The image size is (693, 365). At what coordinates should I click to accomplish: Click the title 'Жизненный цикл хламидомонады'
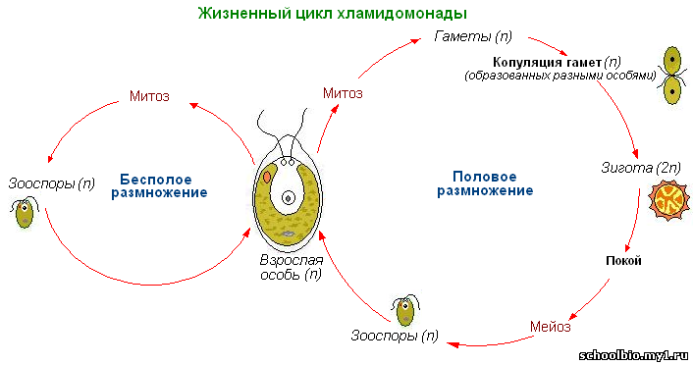click(333, 14)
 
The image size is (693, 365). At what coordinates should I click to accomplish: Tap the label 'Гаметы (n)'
click(473, 36)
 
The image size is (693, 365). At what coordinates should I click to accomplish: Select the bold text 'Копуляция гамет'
click(547, 63)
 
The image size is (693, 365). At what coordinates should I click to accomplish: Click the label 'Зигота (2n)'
click(641, 168)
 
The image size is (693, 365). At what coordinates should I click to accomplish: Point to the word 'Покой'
click(623, 261)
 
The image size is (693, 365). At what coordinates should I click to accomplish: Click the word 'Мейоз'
click(551, 327)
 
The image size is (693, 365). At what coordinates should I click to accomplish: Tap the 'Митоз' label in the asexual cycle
click(149, 96)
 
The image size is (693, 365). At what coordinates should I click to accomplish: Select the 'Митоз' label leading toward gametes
click(343, 93)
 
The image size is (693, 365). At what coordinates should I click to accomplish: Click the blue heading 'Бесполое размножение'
click(159, 186)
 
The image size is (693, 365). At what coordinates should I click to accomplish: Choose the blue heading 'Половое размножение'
click(485, 183)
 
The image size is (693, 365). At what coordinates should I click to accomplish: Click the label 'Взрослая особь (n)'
click(291, 267)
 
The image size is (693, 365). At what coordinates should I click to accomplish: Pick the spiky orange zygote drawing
click(669, 200)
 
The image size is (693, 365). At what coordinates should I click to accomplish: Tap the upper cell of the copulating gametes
click(672, 61)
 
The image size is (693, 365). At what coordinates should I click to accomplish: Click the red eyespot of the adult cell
click(267, 177)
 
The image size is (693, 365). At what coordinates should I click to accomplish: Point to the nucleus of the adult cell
click(289, 198)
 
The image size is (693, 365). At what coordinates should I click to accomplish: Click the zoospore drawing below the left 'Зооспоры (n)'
click(25, 213)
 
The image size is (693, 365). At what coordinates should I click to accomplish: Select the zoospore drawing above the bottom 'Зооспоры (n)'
click(405, 310)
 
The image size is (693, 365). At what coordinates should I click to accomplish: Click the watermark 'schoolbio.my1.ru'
click(633, 355)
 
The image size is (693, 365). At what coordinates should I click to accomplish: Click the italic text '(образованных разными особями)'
click(560, 76)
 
